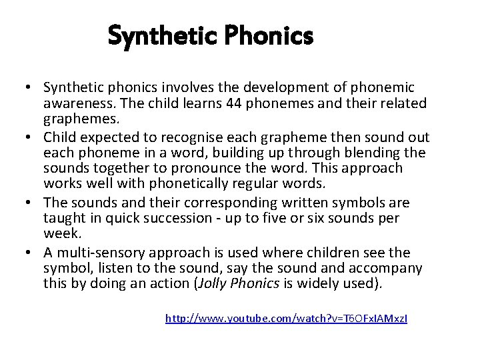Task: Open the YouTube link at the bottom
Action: pyautogui.click(x=286, y=319)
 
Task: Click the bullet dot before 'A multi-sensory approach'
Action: pyautogui.click(x=32, y=252)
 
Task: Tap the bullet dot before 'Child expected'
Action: pyautogui.click(x=32, y=137)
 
